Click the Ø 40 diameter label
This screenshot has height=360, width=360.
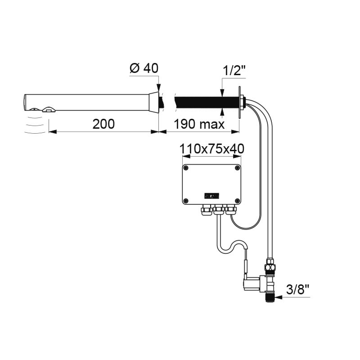pos(144,68)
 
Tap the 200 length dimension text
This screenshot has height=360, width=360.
pos(103,124)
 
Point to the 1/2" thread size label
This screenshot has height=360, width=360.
pos(234,71)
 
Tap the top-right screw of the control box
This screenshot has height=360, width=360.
pos(237,168)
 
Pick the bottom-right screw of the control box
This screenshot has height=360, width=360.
pos(237,201)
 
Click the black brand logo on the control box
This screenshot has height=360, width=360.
pos(211,196)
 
